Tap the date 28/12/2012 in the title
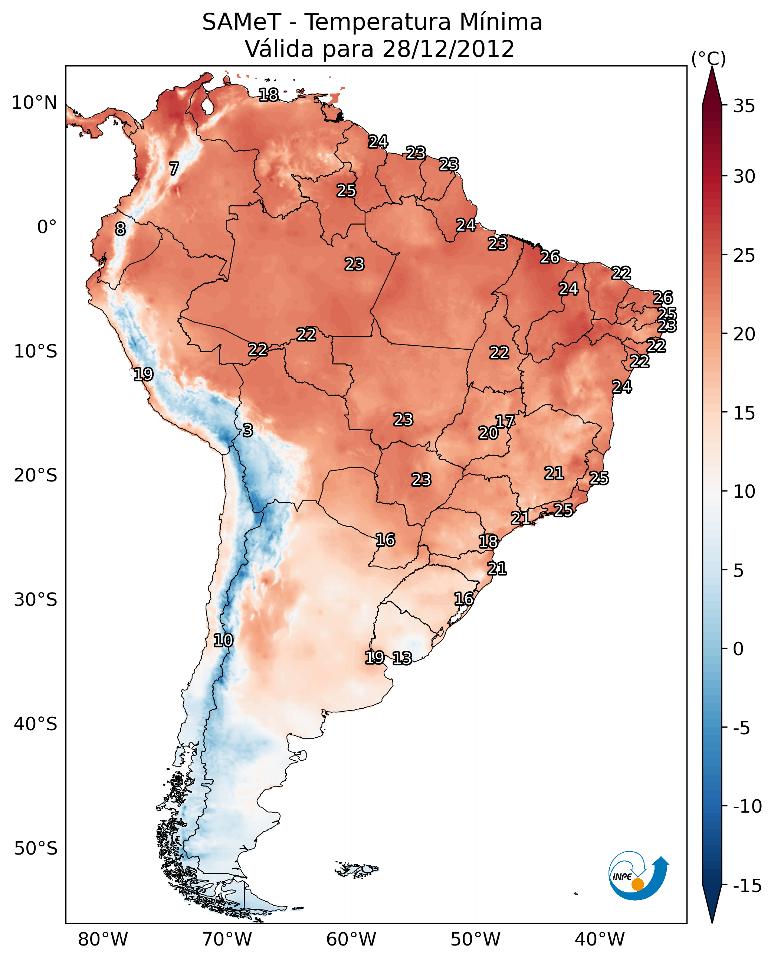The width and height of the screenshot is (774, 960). [x=448, y=49]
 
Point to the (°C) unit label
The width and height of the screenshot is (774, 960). [x=708, y=58]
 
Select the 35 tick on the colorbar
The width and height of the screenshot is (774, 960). [x=744, y=106]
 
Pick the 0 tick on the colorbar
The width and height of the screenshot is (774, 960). [x=738, y=649]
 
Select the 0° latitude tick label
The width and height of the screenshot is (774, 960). [x=47, y=227]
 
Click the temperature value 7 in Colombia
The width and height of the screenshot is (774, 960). [x=174, y=169]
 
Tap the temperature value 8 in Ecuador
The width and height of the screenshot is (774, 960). [x=120, y=229]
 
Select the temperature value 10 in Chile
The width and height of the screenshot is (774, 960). [x=223, y=641]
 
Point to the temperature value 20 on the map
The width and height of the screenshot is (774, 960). [x=488, y=433]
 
